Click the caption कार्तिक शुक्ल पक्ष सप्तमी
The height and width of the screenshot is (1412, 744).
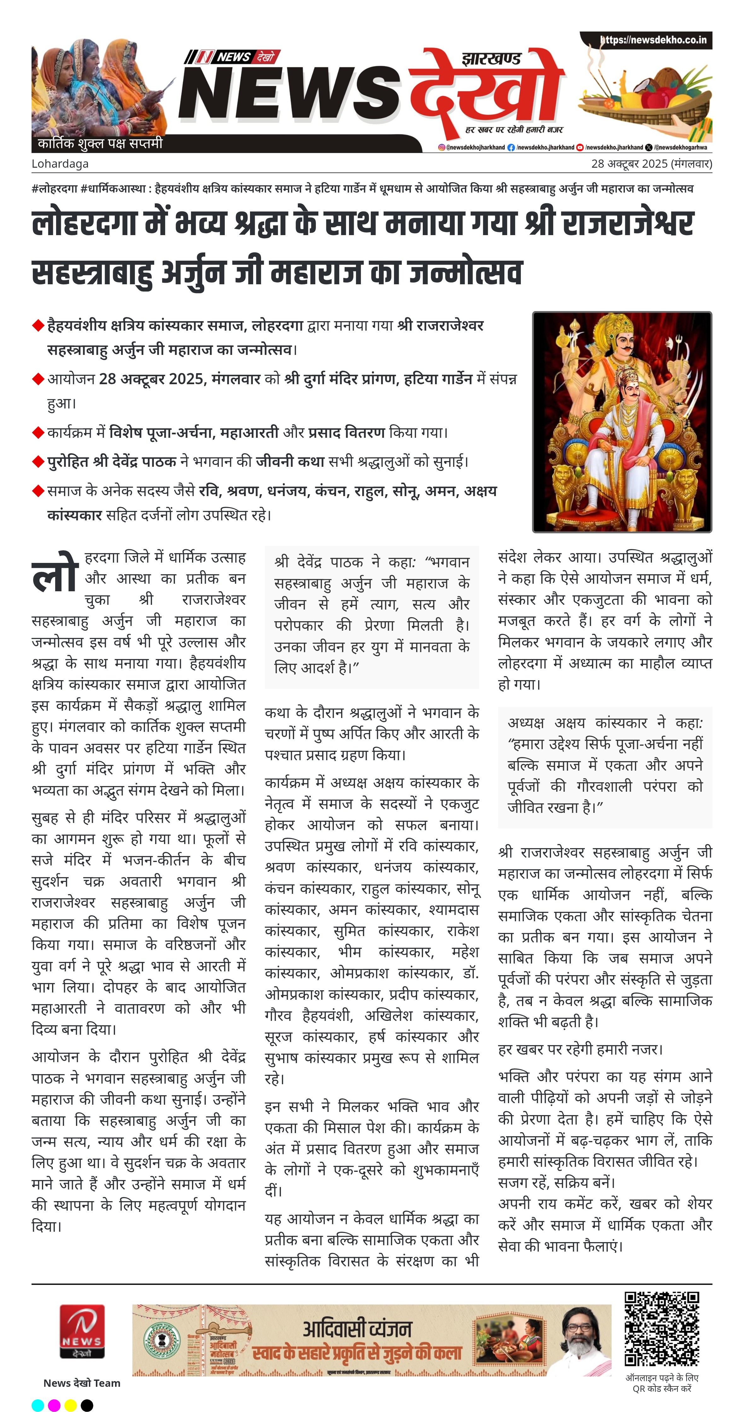100,144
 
